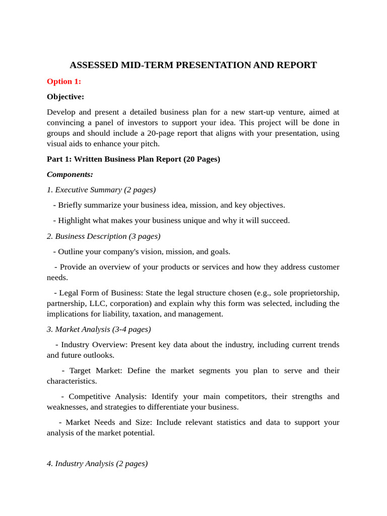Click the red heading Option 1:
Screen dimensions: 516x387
(x=63, y=81)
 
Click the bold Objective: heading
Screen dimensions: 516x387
(x=66, y=96)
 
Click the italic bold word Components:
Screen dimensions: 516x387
(x=70, y=174)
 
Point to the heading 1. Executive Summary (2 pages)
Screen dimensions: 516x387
(x=101, y=189)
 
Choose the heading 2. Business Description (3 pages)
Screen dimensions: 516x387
(x=104, y=236)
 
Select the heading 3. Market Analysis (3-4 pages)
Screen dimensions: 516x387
(x=99, y=329)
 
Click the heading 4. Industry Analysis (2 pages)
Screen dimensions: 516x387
(x=97, y=463)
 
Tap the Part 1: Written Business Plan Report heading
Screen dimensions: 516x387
(x=134, y=159)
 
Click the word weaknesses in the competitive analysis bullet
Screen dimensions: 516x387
(x=68, y=407)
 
